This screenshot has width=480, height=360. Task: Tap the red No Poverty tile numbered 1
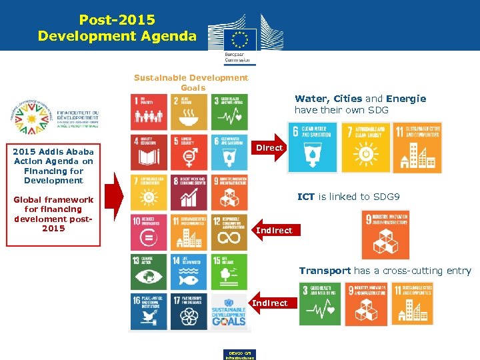coord(149,111)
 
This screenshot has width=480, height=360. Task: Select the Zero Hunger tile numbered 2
coord(189,111)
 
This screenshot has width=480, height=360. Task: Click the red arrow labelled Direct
coord(269,147)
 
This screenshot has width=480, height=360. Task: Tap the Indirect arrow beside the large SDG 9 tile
coord(273,230)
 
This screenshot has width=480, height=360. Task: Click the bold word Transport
coord(325,271)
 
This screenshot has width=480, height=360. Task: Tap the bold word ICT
coord(305,197)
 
